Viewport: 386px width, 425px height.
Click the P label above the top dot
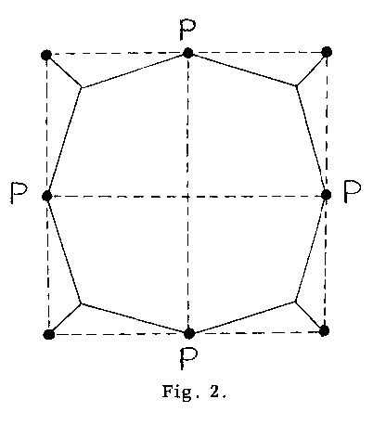pos(187,31)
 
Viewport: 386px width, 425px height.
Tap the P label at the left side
pos(19,192)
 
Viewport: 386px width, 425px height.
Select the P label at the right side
pos(353,192)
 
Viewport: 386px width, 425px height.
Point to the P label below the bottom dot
pos(188,358)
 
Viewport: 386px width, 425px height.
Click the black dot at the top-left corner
pos(46,55)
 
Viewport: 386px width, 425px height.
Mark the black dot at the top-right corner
pos(327,52)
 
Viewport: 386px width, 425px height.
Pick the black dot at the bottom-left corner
pos(49,334)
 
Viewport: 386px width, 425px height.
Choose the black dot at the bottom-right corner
pos(324,330)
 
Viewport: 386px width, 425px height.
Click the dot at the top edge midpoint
pos(187,53)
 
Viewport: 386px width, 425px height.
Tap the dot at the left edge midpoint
pos(47,196)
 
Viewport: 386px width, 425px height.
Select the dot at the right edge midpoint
pos(326,195)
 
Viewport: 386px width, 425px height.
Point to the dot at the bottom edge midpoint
pos(189,333)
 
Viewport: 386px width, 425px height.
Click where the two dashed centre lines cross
pos(187,196)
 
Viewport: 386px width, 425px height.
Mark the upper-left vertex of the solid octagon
pos(82,88)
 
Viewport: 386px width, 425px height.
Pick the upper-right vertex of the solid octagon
pos(296,85)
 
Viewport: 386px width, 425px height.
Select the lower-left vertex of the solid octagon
pos(81,304)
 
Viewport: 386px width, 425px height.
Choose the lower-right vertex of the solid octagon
pos(295,302)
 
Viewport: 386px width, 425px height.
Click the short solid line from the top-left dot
pos(64,71)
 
